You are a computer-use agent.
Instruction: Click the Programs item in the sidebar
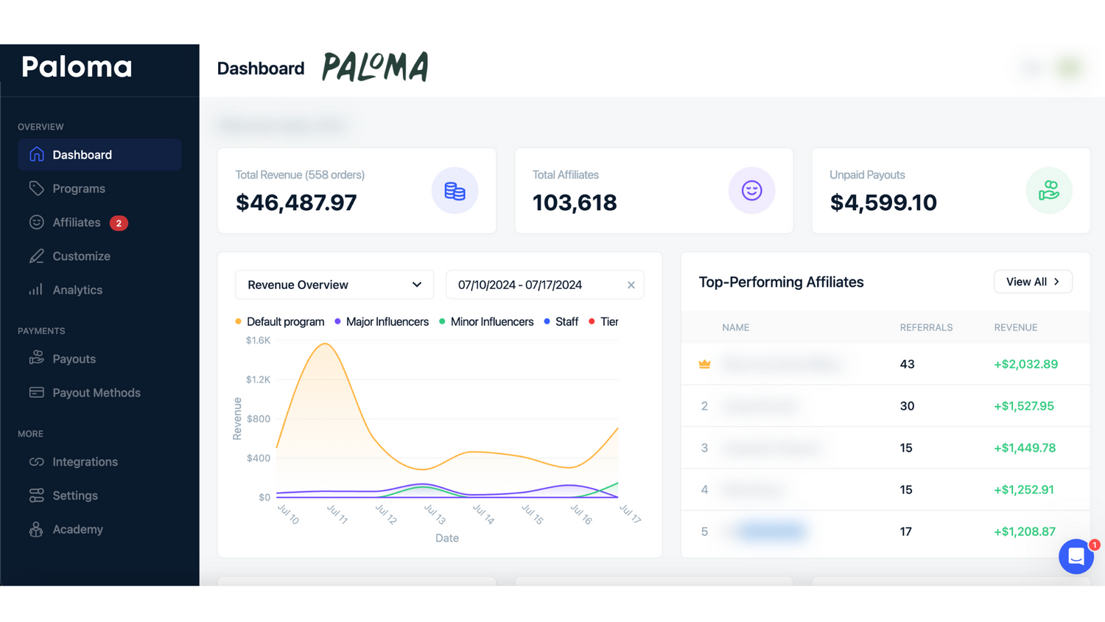(78, 189)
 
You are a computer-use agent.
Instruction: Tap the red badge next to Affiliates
(119, 223)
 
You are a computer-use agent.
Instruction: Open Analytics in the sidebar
(77, 290)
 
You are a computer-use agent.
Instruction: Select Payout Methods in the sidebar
(96, 393)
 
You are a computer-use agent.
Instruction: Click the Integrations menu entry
(85, 462)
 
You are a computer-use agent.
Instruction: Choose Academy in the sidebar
(77, 530)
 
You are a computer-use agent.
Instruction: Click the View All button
(1032, 282)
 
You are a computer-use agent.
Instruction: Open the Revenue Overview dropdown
(334, 285)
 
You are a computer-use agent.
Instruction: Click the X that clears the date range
(631, 285)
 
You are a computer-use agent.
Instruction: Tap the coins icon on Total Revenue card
(455, 191)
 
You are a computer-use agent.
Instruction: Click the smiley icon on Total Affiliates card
(751, 191)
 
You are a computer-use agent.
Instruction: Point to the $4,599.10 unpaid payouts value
(883, 203)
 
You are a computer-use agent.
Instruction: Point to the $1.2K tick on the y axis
(258, 380)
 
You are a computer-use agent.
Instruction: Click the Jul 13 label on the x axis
(435, 514)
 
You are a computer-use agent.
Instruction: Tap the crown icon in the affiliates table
(704, 364)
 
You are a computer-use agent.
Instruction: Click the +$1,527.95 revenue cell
(1023, 406)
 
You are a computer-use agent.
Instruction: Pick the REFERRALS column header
(926, 328)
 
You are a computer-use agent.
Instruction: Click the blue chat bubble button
(1076, 556)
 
